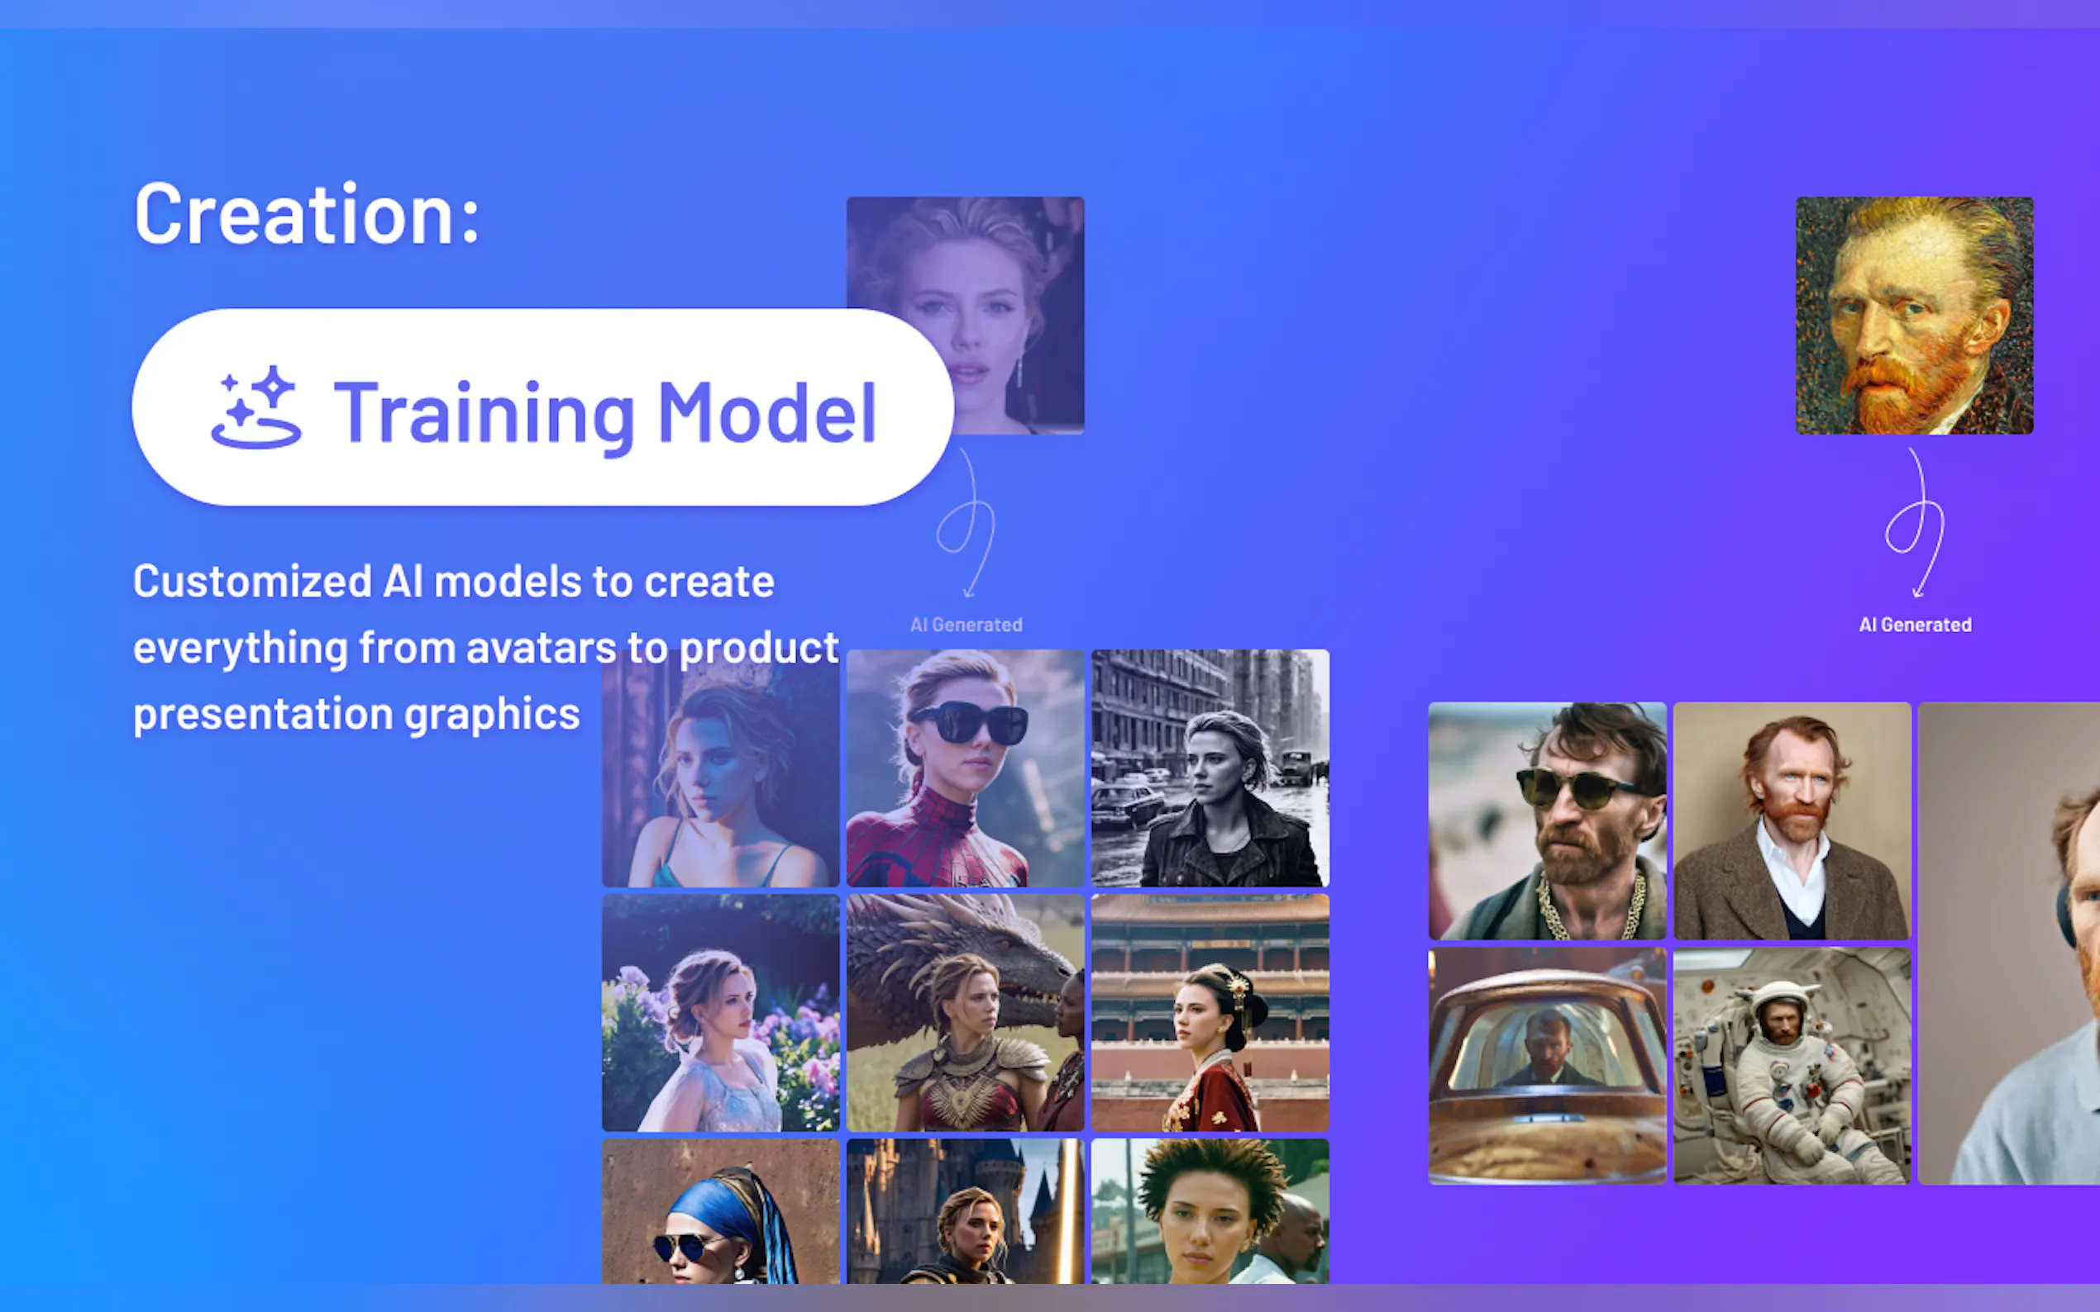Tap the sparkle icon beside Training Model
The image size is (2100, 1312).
pyautogui.click(x=256, y=407)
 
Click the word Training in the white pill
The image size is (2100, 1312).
pyautogui.click(x=484, y=415)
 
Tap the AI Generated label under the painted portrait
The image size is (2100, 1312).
pyautogui.click(x=1915, y=625)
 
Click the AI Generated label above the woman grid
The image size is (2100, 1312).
pyautogui.click(x=966, y=625)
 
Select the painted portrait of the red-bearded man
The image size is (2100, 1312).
pyautogui.click(x=1914, y=315)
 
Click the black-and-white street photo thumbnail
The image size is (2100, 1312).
pyautogui.click(x=1210, y=768)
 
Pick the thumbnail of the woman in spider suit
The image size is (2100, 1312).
pyautogui.click(x=966, y=768)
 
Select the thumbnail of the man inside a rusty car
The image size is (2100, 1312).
pyautogui.click(x=1547, y=1066)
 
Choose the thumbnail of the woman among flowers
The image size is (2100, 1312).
pyautogui.click(x=721, y=1013)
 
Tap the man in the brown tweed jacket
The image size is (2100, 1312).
pyautogui.click(x=1792, y=821)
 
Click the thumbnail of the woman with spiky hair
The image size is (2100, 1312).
pyautogui.click(x=1210, y=1211)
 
